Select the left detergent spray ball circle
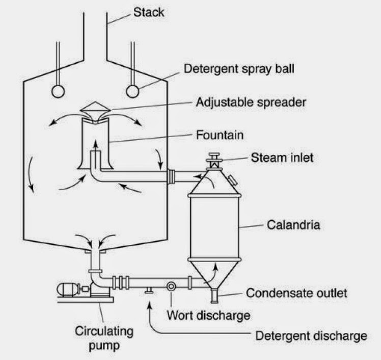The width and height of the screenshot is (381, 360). point(58,91)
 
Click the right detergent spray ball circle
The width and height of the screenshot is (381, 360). point(133,91)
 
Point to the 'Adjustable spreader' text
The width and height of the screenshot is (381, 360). point(251,102)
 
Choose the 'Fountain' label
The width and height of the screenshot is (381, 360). point(220,136)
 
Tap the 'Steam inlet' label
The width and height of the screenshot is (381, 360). point(282,158)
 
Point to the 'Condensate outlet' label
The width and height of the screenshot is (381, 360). point(296,293)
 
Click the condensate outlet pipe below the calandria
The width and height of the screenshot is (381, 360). point(214,294)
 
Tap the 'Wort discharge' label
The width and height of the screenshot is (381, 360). point(209,315)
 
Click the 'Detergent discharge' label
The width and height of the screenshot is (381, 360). point(311,336)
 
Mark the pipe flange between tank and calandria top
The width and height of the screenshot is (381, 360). point(172,176)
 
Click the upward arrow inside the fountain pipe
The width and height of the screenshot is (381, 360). point(95,158)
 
